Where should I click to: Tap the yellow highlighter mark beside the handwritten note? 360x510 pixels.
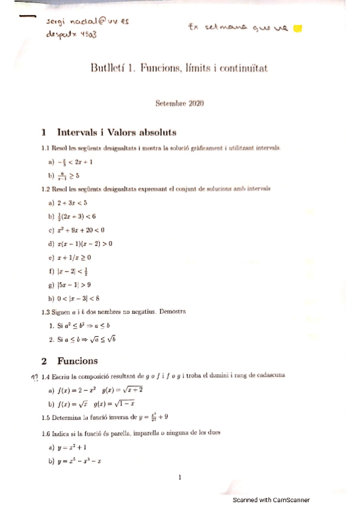click(x=299, y=28)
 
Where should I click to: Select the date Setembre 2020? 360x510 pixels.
click(x=180, y=103)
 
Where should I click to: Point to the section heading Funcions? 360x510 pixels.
click(x=78, y=361)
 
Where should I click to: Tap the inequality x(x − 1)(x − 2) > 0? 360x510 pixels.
click(x=85, y=244)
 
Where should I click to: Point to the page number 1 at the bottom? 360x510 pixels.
click(x=180, y=478)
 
